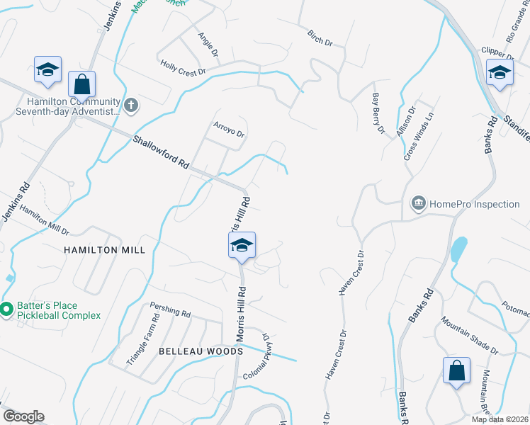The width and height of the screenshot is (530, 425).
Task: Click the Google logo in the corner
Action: (x=23, y=416)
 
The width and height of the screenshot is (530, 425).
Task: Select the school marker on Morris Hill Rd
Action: (x=242, y=246)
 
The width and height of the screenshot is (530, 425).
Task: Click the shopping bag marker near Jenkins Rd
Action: (x=82, y=84)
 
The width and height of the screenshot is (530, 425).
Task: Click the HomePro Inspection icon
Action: (x=418, y=204)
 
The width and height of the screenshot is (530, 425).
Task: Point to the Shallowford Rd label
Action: (x=161, y=152)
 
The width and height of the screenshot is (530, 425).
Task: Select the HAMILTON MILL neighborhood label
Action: (x=105, y=250)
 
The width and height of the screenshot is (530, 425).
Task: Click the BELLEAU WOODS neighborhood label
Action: (x=201, y=351)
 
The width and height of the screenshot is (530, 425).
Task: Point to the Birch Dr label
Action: (x=320, y=38)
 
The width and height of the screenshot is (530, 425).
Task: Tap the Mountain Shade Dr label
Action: (x=469, y=335)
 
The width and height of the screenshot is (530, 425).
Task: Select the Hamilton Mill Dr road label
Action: (x=44, y=221)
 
